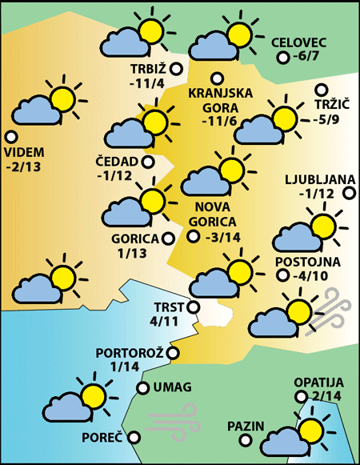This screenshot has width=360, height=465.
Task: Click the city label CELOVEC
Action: (x=301, y=42)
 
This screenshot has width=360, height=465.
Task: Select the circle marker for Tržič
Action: (x=322, y=90)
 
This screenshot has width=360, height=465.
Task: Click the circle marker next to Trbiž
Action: (x=176, y=69)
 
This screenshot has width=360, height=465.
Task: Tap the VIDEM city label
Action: (x=24, y=152)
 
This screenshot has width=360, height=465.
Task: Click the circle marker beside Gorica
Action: (x=168, y=238)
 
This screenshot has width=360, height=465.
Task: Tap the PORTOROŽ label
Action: (x=129, y=352)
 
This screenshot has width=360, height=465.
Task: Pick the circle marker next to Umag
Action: (x=142, y=388)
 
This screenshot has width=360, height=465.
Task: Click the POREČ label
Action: (x=102, y=437)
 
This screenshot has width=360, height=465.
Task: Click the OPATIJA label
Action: (x=318, y=383)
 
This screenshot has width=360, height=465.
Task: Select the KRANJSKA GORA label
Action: (x=220, y=100)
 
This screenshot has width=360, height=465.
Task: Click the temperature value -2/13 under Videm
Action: (x=24, y=167)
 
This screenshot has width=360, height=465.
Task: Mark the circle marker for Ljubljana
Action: (x=349, y=192)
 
